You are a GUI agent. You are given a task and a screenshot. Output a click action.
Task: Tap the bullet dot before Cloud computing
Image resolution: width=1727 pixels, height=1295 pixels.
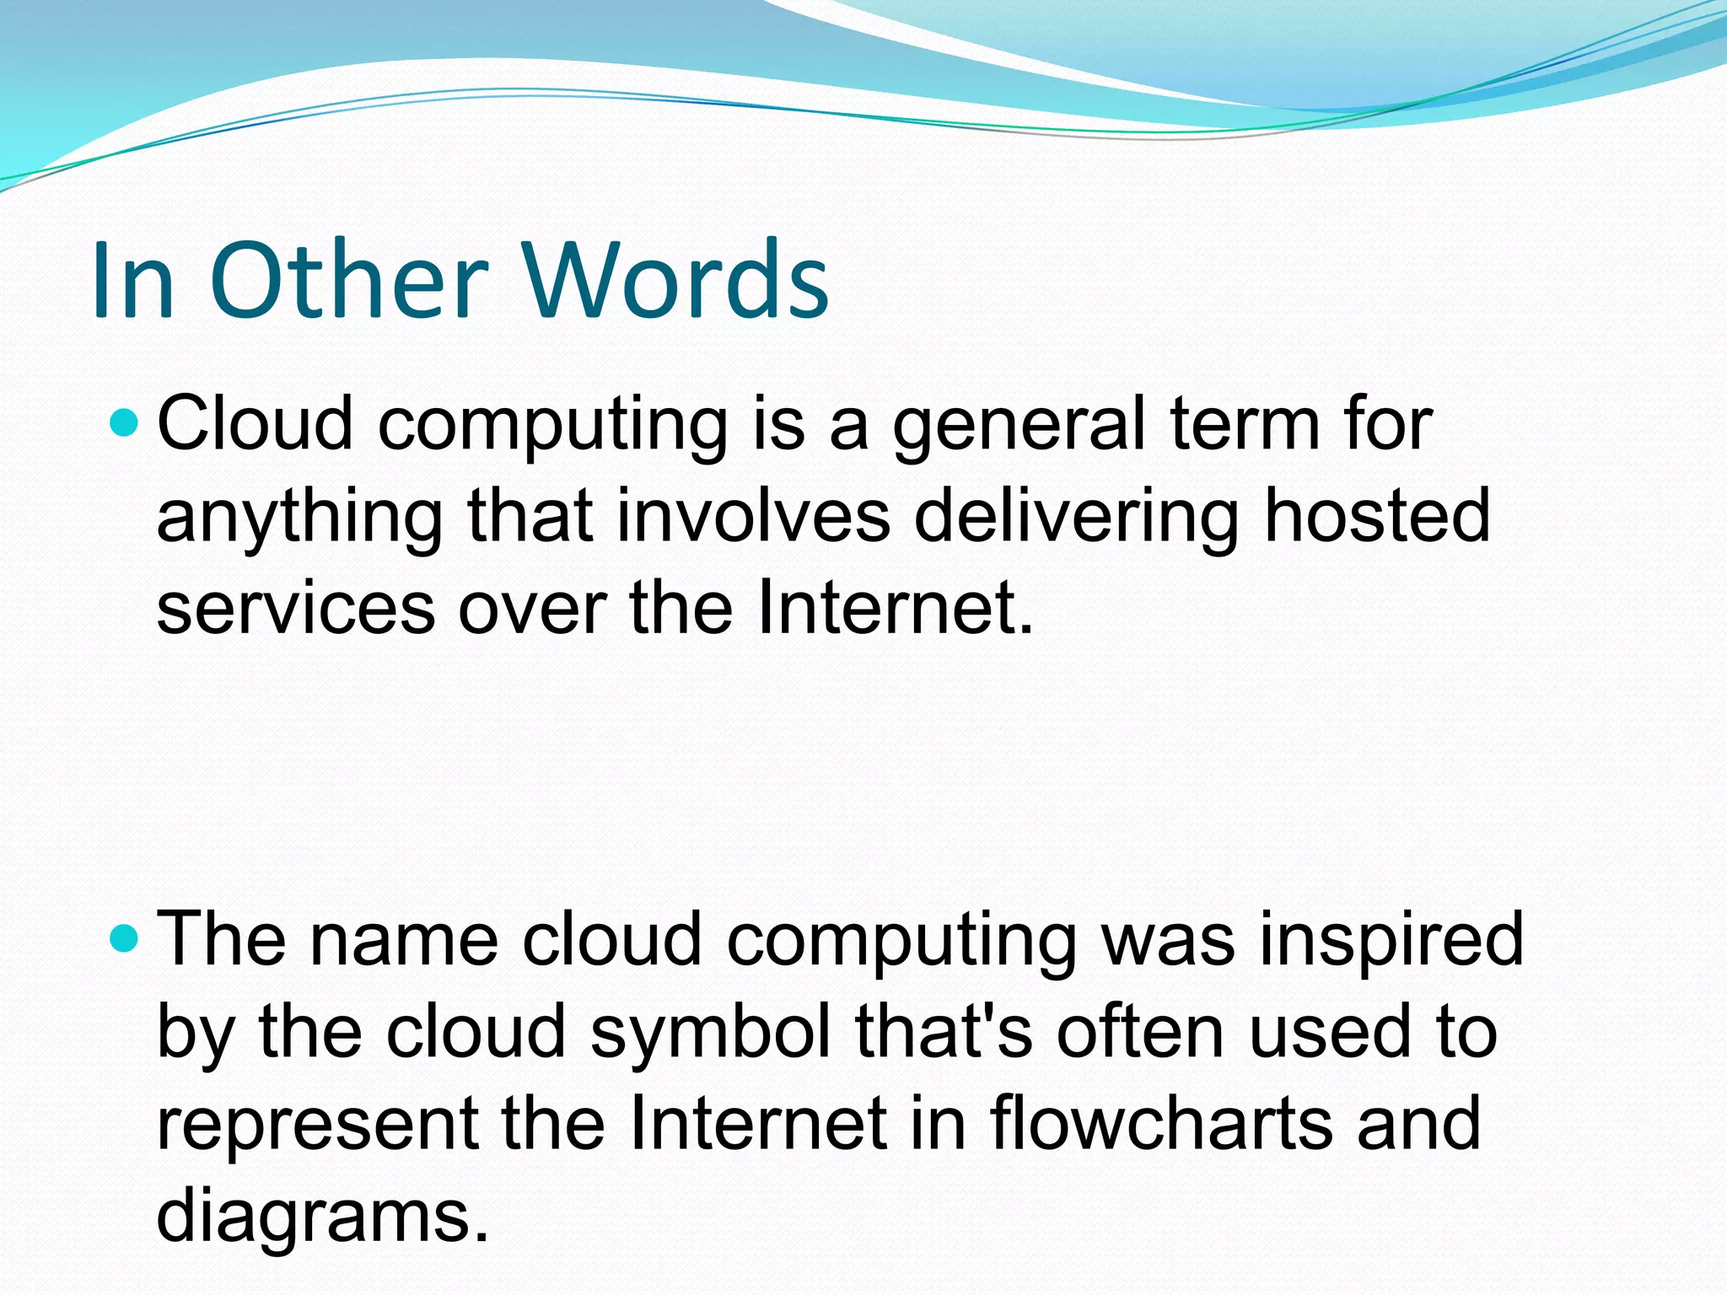click(124, 422)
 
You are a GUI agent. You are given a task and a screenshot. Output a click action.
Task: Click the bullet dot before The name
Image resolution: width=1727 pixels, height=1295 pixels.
click(124, 938)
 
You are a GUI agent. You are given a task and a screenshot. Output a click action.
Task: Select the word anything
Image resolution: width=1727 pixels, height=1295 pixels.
click(299, 519)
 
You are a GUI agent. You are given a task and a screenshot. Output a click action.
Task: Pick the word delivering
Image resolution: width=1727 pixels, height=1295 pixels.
click(1076, 519)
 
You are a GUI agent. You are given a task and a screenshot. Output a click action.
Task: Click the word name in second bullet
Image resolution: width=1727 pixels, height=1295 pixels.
click(404, 939)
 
